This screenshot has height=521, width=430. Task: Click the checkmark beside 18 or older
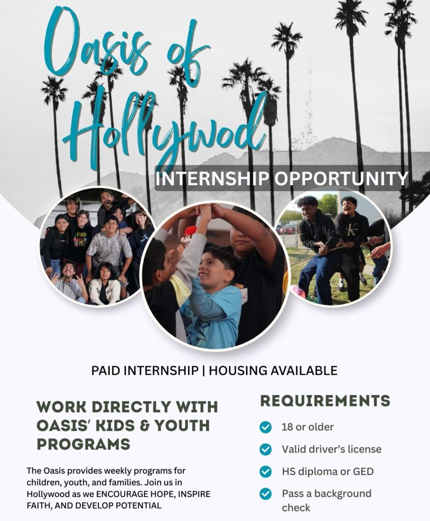click(x=265, y=427)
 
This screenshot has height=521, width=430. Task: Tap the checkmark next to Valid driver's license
click(x=265, y=449)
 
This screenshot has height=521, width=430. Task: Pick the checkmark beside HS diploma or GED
click(x=265, y=472)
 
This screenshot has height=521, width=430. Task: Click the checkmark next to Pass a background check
click(x=265, y=493)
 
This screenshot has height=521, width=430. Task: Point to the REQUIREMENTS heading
click(x=325, y=400)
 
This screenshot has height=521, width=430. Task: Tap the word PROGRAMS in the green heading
click(x=83, y=444)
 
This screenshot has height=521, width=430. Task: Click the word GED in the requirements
click(x=362, y=472)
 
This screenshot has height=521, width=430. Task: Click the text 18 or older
click(x=308, y=427)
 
